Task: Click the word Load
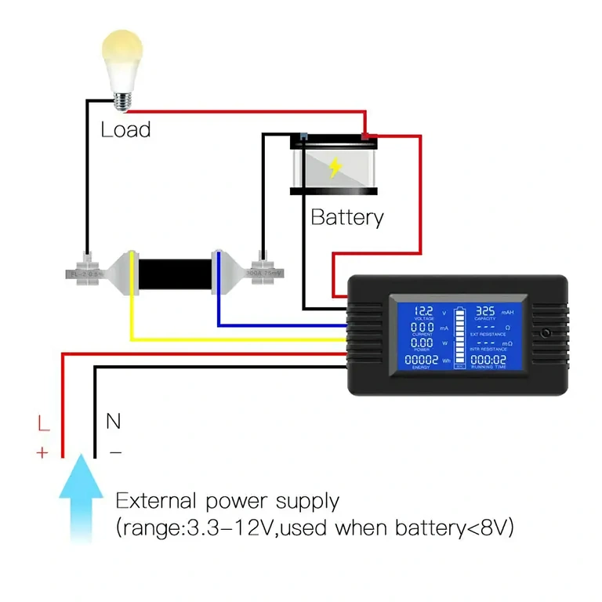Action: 125,129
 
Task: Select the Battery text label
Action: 347,217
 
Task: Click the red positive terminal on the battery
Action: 365,138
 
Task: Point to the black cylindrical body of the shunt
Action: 175,270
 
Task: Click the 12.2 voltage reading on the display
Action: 423,311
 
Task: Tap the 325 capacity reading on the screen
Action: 486,311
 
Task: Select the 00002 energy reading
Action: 422,359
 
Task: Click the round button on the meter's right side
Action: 546,333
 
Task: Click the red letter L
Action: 44,424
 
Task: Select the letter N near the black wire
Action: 114,422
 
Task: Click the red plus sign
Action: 42,452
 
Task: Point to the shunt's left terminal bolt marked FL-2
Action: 85,270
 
